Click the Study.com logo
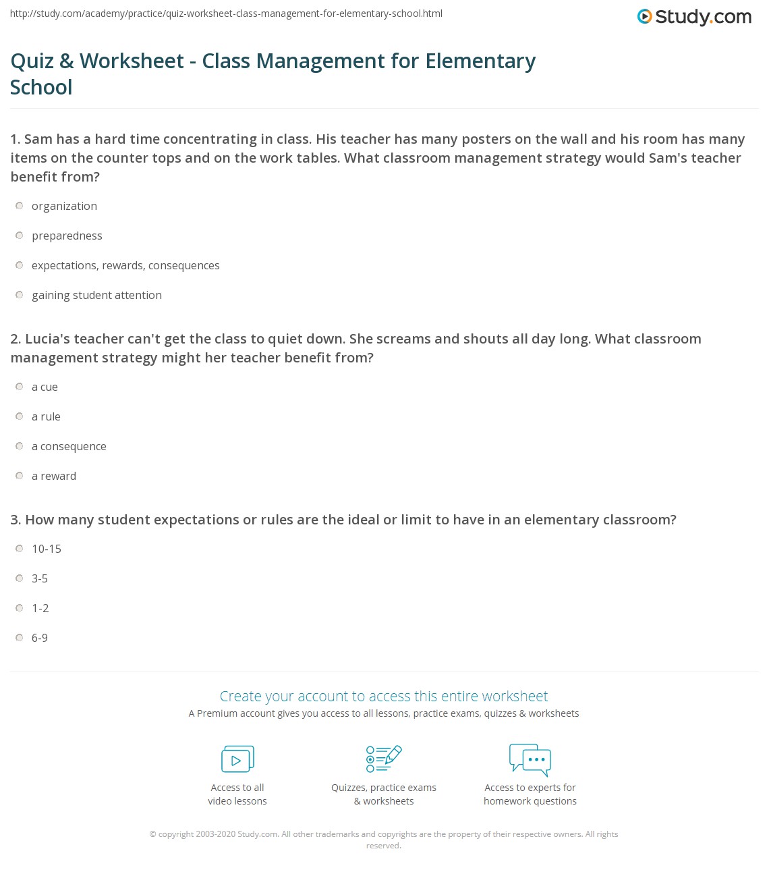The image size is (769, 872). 694,17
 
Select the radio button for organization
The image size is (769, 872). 20,206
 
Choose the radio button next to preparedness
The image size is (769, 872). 20,236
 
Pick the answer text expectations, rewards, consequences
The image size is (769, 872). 125,265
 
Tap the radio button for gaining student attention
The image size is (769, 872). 20,295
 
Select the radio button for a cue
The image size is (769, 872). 20,387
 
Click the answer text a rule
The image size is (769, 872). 46,416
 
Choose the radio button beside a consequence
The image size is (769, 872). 20,446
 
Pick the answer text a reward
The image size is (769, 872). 54,476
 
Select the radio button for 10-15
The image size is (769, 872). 20,549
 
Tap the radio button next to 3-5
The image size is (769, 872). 20,578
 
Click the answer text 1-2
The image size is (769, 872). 40,608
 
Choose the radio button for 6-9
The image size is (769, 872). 20,638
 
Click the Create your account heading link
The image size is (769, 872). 384,696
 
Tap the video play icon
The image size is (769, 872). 237,759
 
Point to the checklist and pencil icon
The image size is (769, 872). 384,759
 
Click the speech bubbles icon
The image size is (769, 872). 530,759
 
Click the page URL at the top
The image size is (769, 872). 227,13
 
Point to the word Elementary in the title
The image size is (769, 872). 480,61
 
